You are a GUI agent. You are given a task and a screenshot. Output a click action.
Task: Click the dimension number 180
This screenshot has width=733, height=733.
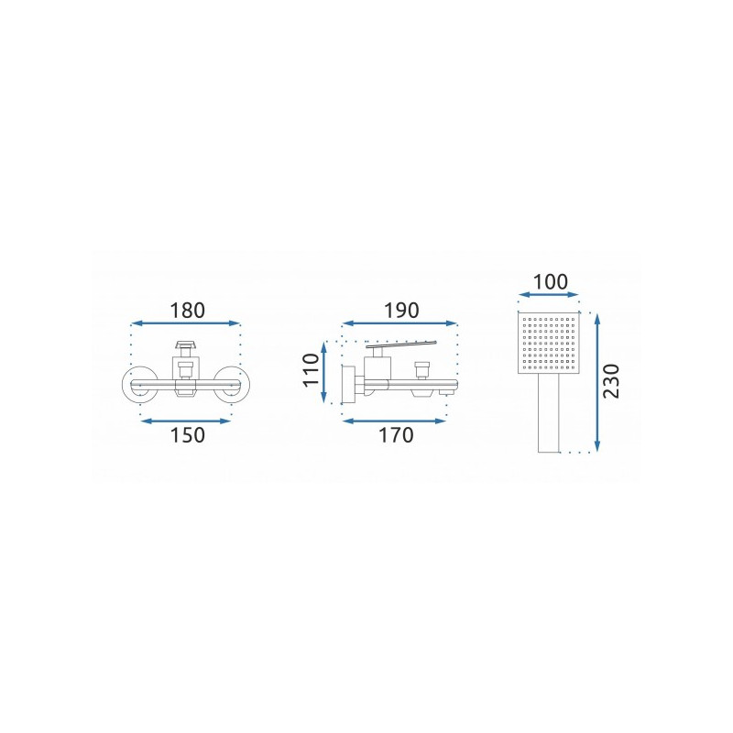pyautogui.click(x=187, y=311)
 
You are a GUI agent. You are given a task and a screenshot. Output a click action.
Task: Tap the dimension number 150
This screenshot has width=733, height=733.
pyautogui.click(x=187, y=435)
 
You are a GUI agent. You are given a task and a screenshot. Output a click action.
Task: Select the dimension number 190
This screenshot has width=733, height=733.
pyautogui.click(x=401, y=311)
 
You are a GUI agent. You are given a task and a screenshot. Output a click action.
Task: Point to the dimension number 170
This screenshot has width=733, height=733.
pyautogui.click(x=396, y=435)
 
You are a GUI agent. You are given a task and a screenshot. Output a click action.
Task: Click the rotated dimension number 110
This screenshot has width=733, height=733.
pyautogui.click(x=312, y=370)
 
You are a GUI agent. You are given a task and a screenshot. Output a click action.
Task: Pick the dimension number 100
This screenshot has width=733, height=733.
pyautogui.click(x=551, y=282)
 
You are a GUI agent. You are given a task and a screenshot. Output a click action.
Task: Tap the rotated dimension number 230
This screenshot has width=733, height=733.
pyautogui.click(x=611, y=381)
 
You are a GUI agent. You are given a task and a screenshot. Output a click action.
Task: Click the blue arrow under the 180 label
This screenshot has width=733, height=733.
pyautogui.click(x=186, y=323)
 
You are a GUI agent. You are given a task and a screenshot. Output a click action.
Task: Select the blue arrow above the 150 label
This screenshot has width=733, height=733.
pyautogui.click(x=186, y=421)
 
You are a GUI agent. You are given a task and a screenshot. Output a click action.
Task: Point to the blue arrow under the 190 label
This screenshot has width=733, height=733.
pyautogui.click(x=399, y=323)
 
